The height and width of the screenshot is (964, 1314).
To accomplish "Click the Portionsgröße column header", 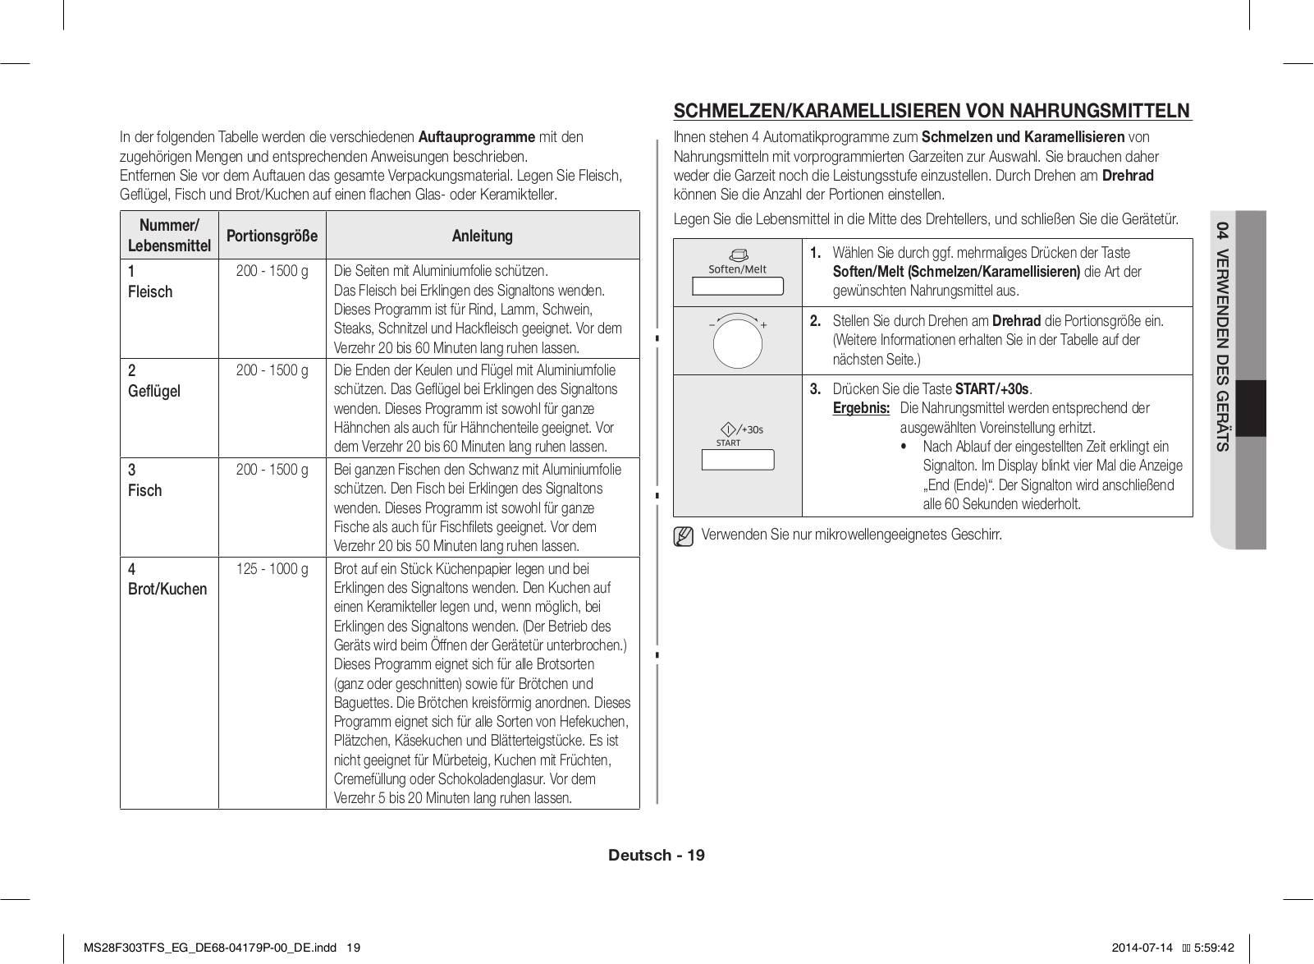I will pos(272,236).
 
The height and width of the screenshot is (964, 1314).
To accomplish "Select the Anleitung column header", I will pos(482,236).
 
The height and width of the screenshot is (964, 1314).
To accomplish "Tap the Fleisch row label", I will pos(150,291).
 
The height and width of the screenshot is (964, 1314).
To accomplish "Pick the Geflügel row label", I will pos(154,391).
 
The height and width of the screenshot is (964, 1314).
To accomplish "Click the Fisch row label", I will pos(145,490).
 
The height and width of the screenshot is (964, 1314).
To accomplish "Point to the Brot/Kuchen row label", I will pos(167,589).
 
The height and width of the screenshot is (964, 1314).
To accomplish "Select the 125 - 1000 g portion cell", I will pos(272,569).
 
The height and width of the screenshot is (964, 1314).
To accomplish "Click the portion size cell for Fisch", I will pos(272,470).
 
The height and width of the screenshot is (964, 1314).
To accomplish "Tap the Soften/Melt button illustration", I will pos(737,286).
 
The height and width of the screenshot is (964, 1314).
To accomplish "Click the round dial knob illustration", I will pos(737,342).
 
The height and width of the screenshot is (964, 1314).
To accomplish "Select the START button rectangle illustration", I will pos(737,460).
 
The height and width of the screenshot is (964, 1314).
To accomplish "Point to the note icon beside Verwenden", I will pos(683,537).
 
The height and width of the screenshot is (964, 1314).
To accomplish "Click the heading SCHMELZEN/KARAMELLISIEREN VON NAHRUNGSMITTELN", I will pos(932,111).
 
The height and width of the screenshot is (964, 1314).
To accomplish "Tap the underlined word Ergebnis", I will pos(860,408).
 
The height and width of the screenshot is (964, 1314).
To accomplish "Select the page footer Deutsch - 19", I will pos(656,855).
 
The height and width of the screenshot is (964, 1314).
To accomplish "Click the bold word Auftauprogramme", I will pos(476,136).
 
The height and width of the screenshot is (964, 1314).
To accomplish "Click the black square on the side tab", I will pos(1251,408).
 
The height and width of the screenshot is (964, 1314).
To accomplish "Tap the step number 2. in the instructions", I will pos(815,321).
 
